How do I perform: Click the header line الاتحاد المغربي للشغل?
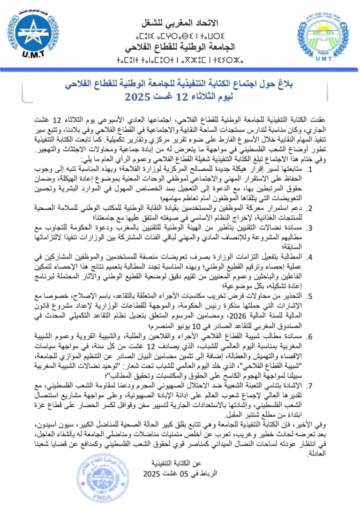point(180,23)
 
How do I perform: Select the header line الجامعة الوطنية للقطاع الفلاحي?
point(180,47)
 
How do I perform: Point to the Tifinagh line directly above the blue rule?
point(180,61)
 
